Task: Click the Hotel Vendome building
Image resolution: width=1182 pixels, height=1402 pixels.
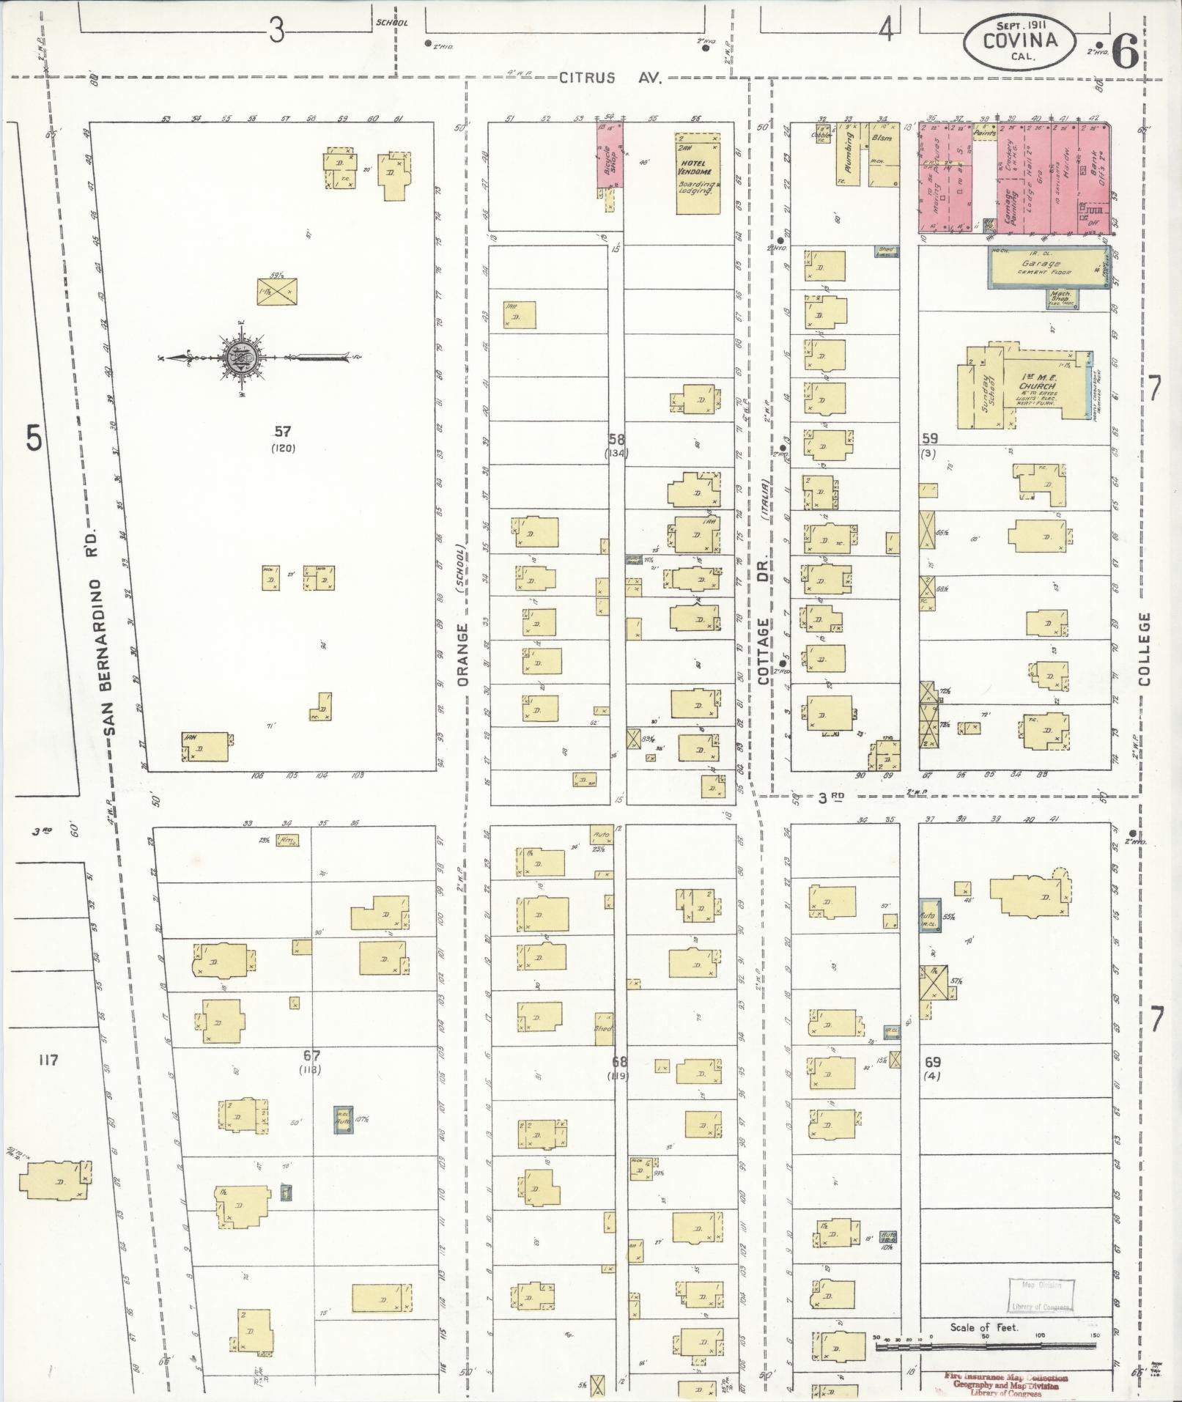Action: pyautogui.click(x=697, y=174)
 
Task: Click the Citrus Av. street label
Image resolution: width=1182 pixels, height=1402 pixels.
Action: pyautogui.click(x=610, y=78)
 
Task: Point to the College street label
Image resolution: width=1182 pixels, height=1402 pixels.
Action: pyautogui.click(x=1145, y=649)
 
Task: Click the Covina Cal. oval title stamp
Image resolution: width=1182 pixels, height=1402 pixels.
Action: pyautogui.click(x=1020, y=41)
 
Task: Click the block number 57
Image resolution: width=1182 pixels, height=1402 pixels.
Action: pyautogui.click(x=282, y=432)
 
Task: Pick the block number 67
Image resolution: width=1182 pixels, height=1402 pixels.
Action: pyautogui.click(x=311, y=1055)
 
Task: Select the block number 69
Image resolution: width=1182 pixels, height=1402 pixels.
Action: pyautogui.click(x=932, y=1061)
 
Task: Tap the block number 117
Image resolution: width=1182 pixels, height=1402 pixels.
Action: pyautogui.click(x=49, y=1059)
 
